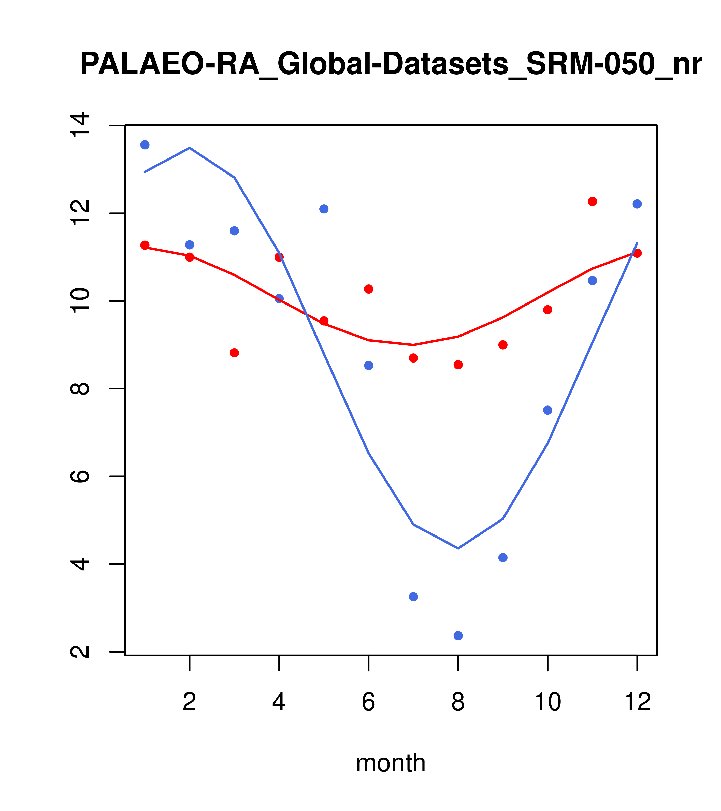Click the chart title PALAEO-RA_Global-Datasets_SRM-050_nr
pos(391,64)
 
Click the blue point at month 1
pos(145,145)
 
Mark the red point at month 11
pos(593,201)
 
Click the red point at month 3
pos(235,353)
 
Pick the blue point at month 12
pos(637,204)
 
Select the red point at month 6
pos(369,289)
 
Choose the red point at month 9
pos(503,345)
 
